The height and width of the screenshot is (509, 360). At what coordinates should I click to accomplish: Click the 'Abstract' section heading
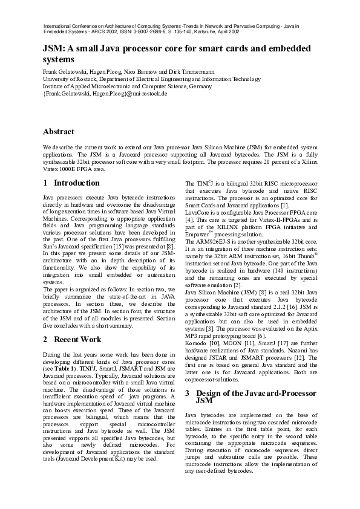pos(59,131)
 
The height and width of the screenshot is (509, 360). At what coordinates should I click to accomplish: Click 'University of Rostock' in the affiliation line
pos(69,79)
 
